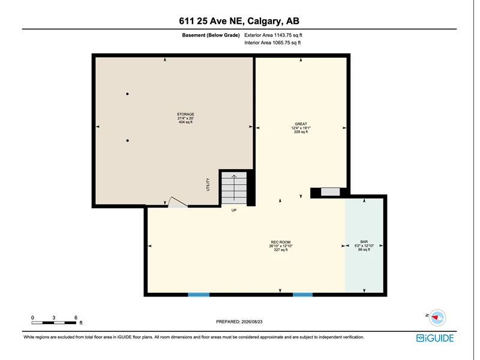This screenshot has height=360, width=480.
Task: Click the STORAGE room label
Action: click(x=185, y=114)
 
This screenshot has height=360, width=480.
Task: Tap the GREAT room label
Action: click(x=301, y=124)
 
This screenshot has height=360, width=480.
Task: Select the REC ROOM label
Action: click(x=281, y=242)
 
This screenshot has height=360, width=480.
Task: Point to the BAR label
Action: click(x=364, y=242)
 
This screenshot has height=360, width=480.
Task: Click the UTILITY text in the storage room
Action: click(x=208, y=185)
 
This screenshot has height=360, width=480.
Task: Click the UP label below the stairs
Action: click(x=234, y=211)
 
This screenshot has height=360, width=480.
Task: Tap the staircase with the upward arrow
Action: click(x=234, y=188)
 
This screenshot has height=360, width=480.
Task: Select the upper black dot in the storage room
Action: click(x=127, y=94)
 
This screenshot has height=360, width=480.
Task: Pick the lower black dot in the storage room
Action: click(x=127, y=140)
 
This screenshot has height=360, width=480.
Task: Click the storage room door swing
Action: click(x=178, y=202)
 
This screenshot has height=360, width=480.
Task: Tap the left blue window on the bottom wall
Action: click(x=199, y=295)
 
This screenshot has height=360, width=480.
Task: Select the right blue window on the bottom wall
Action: click(x=303, y=295)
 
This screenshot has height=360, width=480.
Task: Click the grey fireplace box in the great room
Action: click(x=331, y=192)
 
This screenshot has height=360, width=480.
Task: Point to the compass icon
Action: click(x=437, y=317)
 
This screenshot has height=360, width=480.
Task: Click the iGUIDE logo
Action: click(x=435, y=338)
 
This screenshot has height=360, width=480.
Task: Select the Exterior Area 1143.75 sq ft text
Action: click(x=273, y=35)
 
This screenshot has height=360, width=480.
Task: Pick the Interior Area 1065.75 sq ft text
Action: click(x=272, y=43)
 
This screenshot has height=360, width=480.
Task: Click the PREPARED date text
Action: click(x=239, y=322)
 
